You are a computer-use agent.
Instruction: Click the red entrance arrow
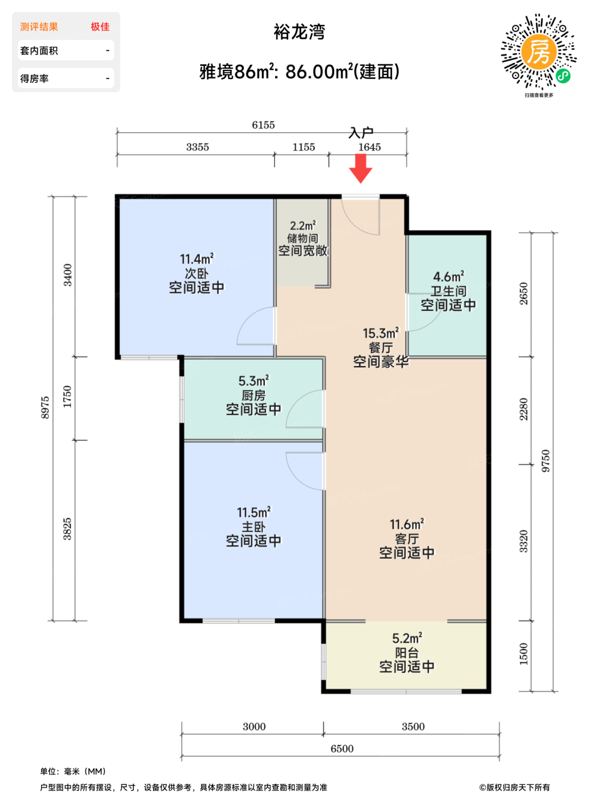(x=361, y=168)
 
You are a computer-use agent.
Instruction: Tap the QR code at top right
(x=538, y=52)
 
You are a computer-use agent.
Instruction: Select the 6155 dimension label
(x=263, y=125)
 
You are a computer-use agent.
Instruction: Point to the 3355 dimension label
(x=197, y=147)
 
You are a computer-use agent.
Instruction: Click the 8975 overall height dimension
(x=45, y=407)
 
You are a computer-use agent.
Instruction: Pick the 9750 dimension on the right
(x=545, y=461)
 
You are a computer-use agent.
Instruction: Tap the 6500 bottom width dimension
(x=342, y=749)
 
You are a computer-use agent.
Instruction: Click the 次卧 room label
(x=197, y=273)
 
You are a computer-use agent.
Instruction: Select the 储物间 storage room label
(x=302, y=238)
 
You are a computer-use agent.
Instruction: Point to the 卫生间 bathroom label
(x=448, y=291)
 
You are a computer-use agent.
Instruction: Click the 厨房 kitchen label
(x=253, y=395)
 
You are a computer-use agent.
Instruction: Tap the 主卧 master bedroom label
(x=253, y=526)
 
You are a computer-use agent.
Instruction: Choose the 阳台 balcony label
(x=407, y=652)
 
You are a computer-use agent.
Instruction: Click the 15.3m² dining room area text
(x=381, y=333)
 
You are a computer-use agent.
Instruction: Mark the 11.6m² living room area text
(x=407, y=524)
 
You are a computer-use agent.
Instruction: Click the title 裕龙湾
(x=299, y=32)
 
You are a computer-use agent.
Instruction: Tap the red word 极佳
(x=100, y=27)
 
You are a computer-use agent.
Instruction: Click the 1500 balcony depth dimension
(x=523, y=654)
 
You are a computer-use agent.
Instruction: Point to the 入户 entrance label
(x=361, y=133)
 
